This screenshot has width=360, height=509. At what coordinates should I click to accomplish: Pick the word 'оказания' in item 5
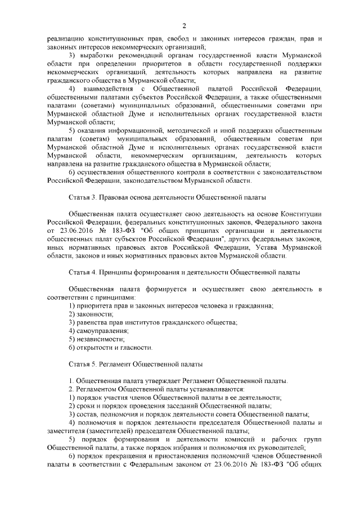click(93, 130)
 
